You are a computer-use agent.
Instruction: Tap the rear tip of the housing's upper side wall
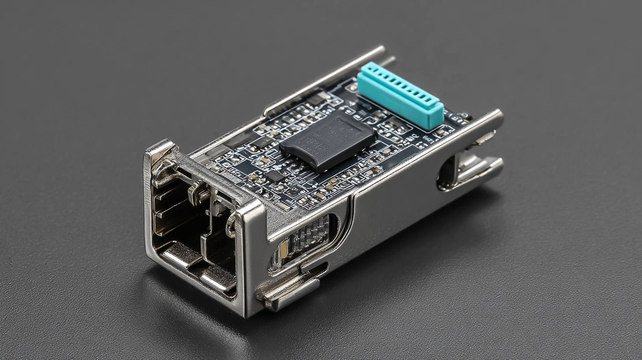pyautogui.click(x=498, y=117)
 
